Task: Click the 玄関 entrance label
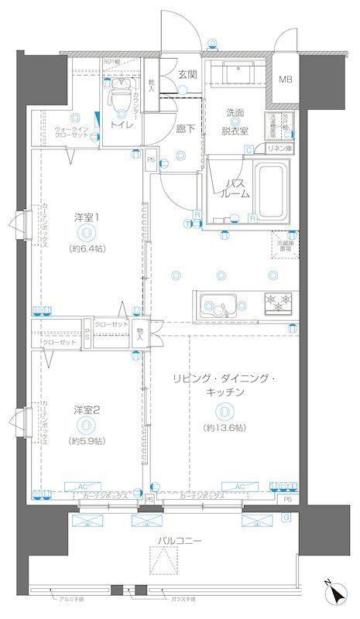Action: (x=187, y=75)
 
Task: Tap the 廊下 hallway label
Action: (x=184, y=128)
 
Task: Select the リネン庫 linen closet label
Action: (x=278, y=149)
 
